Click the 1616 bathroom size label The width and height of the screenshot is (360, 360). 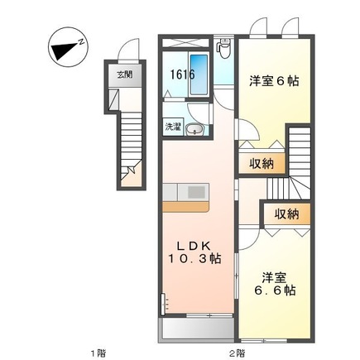tap(182, 74)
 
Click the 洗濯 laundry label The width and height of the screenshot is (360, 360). tap(172, 128)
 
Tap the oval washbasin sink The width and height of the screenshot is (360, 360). tap(194, 128)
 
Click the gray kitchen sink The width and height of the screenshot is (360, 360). tap(196, 192)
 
